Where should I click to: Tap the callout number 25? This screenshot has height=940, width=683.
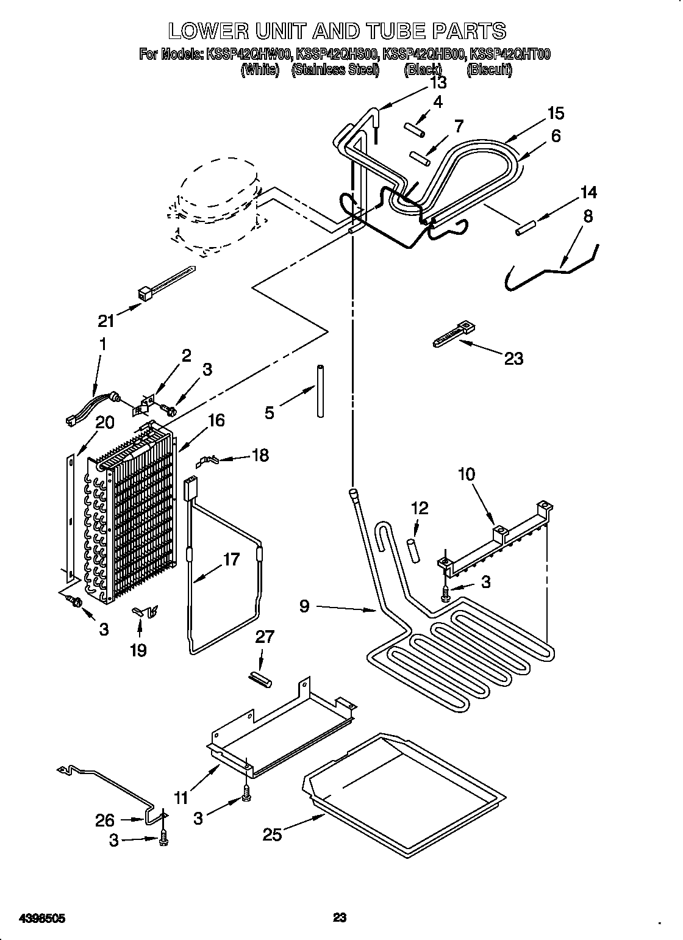pyautogui.click(x=273, y=834)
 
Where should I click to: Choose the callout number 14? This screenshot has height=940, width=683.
pyautogui.click(x=588, y=192)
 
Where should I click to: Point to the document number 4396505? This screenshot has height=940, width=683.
pyautogui.click(x=42, y=916)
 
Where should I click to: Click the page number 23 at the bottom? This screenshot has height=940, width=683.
pyautogui.click(x=340, y=916)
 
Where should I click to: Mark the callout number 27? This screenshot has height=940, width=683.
pyautogui.click(x=265, y=637)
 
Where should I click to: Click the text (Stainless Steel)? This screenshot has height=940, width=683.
pyautogui.click(x=335, y=70)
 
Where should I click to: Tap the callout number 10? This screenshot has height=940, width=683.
pyautogui.click(x=467, y=474)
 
